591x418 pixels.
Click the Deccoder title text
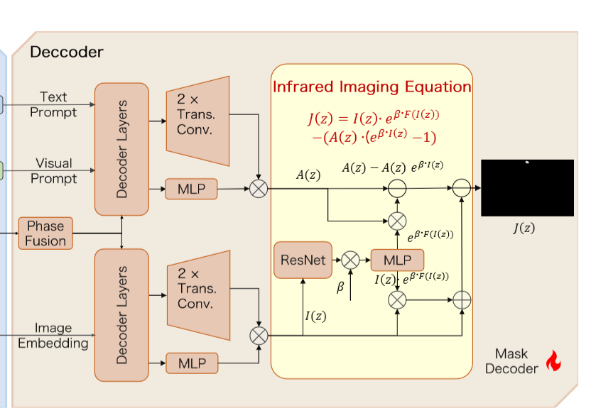(66, 52)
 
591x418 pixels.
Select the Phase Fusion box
(45, 233)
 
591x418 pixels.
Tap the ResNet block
(303, 260)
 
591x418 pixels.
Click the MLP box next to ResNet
(397, 260)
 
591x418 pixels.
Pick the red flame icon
(553, 361)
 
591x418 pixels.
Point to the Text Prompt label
(53, 104)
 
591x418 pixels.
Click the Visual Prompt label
(53, 170)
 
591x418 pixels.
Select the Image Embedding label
(53, 336)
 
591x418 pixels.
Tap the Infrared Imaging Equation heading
(372, 87)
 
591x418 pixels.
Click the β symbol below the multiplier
(340, 287)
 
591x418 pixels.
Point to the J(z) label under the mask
(524, 229)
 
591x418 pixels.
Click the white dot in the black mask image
(527, 163)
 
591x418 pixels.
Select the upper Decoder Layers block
(121, 149)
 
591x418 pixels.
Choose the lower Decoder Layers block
(121, 315)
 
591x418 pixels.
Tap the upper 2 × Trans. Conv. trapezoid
(198, 121)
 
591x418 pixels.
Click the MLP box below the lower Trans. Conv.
(192, 363)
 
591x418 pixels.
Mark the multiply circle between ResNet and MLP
(350, 260)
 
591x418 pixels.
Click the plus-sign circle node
(462, 300)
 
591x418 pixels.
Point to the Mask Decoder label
(511, 361)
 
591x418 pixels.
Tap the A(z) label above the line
(308, 175)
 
